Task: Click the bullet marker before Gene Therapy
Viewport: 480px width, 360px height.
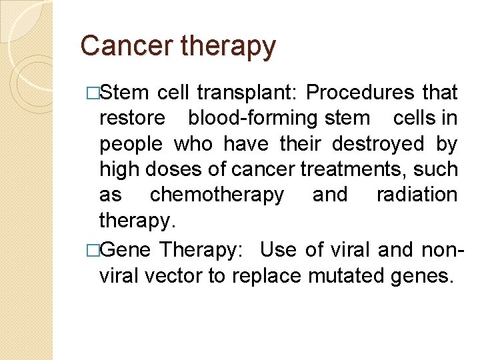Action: (93, 250)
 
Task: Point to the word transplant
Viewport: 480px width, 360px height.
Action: (242, 93)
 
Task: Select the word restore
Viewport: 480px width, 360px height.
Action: (131, 118)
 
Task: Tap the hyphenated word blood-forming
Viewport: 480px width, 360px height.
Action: (253, 119)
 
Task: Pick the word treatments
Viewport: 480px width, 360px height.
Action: (349, 169)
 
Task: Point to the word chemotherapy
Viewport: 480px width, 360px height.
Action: (217, 195)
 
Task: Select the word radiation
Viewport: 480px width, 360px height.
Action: (417, 194)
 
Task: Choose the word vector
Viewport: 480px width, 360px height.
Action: (173, 275)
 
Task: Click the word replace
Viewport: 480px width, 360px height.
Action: (266, 276)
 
